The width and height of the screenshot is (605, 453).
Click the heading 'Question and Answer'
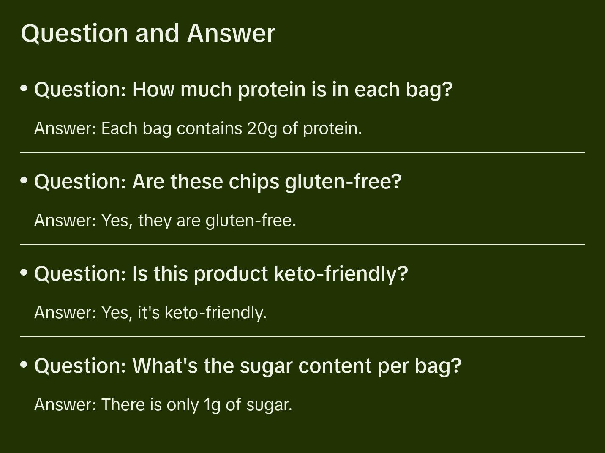[148, 34]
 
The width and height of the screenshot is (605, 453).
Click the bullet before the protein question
[24, 88]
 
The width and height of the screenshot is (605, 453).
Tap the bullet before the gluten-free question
[24, 180]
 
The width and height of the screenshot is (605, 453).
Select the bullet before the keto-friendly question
[24, 272]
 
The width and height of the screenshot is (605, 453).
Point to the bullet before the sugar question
[24, 364]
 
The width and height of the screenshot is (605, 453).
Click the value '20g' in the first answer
[262, 129]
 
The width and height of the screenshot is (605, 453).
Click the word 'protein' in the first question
[272, 90]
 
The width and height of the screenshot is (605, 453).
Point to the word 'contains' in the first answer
[210, 128]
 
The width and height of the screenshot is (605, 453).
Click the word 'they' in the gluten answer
[155, 221]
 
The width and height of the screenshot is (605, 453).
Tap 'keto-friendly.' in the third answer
[216, 313]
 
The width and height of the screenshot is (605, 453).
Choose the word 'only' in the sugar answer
[183, 405]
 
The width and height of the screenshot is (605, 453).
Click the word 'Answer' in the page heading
[231, 34]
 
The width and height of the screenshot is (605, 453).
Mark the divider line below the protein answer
[302, 153]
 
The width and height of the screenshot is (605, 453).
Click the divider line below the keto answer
[302, 337]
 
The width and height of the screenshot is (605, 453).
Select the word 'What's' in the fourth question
[165, 366]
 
